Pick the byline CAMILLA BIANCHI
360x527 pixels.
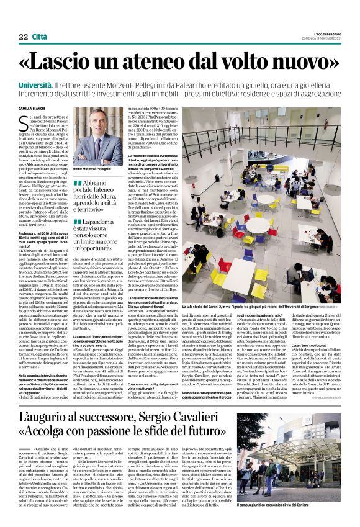tap(34, 109)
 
